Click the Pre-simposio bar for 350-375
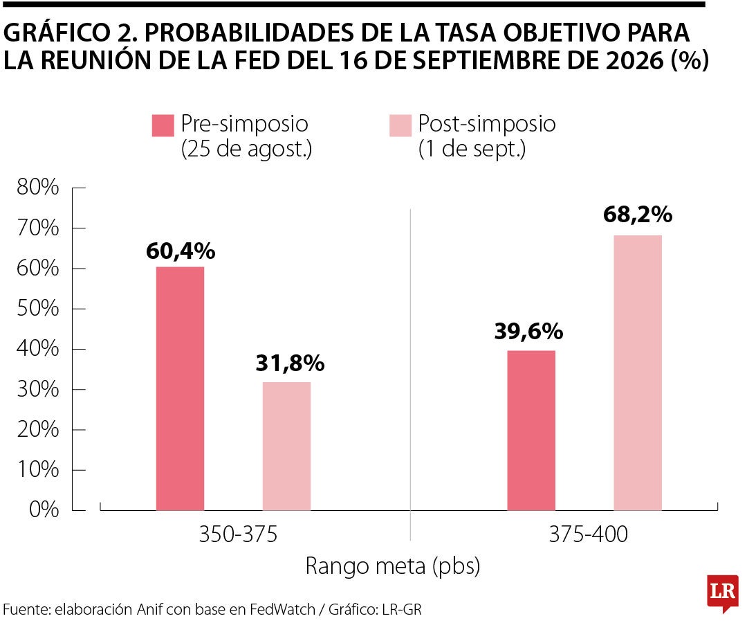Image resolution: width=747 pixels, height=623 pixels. [x=180, y=388]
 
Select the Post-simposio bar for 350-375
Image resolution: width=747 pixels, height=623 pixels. [x=287, y=446]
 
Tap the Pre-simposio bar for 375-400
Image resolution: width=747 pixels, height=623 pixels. [x=531, y=431]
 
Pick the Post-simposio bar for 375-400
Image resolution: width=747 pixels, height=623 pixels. [x=638, y=372]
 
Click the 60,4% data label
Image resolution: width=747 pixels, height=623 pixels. [x=181, y=251]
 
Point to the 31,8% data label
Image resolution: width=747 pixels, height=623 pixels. [x=290, y=363]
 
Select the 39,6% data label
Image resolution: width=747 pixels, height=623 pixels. [x=529, y=332]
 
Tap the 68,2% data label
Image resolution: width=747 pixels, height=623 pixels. [x=638, y=215]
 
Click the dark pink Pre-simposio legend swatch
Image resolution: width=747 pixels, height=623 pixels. [x=163, y=125]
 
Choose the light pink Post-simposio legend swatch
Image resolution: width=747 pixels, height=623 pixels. [x=400, y=125]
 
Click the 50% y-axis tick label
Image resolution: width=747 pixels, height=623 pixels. [x=38, y=309]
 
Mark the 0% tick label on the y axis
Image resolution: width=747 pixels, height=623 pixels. [x=44, y=509]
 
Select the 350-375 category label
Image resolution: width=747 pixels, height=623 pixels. [x=238, y=534]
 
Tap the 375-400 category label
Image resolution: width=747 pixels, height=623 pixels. [x=589, y=534]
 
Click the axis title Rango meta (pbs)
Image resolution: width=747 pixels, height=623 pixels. [x=393, y=566]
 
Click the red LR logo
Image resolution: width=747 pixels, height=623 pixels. [x=723, y=593]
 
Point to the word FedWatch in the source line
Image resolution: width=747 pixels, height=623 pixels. [x=282, y=609]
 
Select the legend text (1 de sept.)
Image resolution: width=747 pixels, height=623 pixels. [x=472, y=149]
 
